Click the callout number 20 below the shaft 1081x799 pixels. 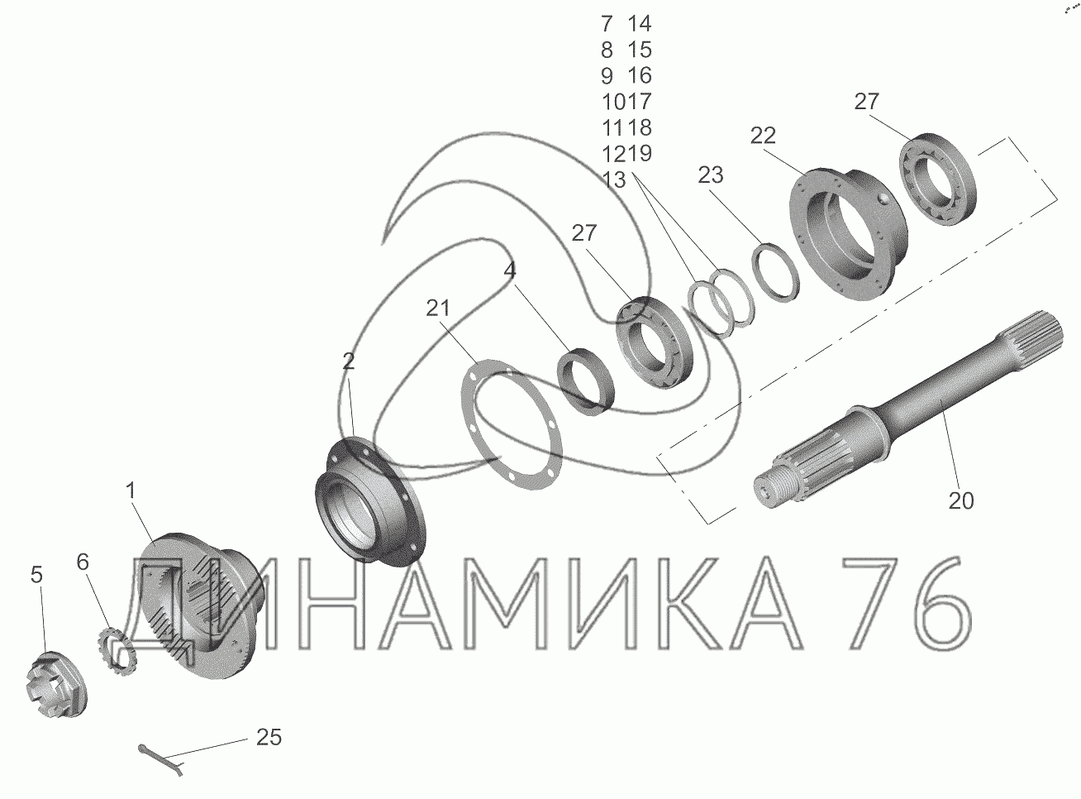960,501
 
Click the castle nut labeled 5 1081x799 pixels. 55,684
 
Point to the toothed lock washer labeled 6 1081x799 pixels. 117,653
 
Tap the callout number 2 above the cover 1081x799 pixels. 348,361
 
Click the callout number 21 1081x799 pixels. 437,308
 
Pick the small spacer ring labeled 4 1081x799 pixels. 586,382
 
